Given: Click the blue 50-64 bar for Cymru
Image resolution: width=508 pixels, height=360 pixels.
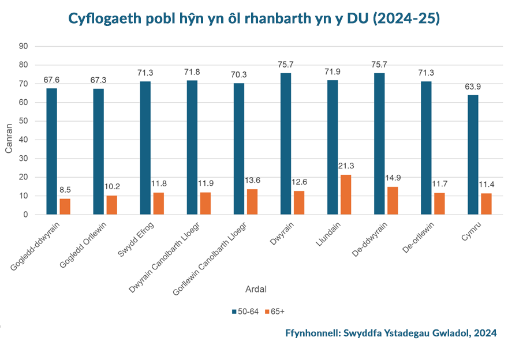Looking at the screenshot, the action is click(472, 155).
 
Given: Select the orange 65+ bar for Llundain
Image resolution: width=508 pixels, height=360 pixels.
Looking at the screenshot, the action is click(345, 194).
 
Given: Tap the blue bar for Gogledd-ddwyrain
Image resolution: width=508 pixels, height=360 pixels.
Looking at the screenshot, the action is click(51, 151).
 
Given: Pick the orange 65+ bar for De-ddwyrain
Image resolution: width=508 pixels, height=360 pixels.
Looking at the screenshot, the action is click(392, 201).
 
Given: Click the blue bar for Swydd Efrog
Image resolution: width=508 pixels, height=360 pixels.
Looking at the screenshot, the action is click(145, 148).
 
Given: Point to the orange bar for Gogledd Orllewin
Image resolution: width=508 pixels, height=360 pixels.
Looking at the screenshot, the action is click(111, 205).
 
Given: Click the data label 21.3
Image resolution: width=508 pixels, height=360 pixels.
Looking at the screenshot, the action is click(346, 166).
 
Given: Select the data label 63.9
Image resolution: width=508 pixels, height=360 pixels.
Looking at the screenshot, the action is click(472, 87).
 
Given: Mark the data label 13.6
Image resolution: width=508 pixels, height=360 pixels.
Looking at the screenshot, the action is click(252, 181).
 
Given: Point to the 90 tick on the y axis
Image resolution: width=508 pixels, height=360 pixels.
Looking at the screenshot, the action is click(23, 46).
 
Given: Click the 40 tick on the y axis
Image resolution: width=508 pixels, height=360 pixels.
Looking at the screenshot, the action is click(23, 140).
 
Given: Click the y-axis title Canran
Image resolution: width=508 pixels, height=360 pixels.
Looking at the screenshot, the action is click(9, 140).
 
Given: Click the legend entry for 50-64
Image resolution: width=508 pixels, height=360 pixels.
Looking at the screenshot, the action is click(245, 312).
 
